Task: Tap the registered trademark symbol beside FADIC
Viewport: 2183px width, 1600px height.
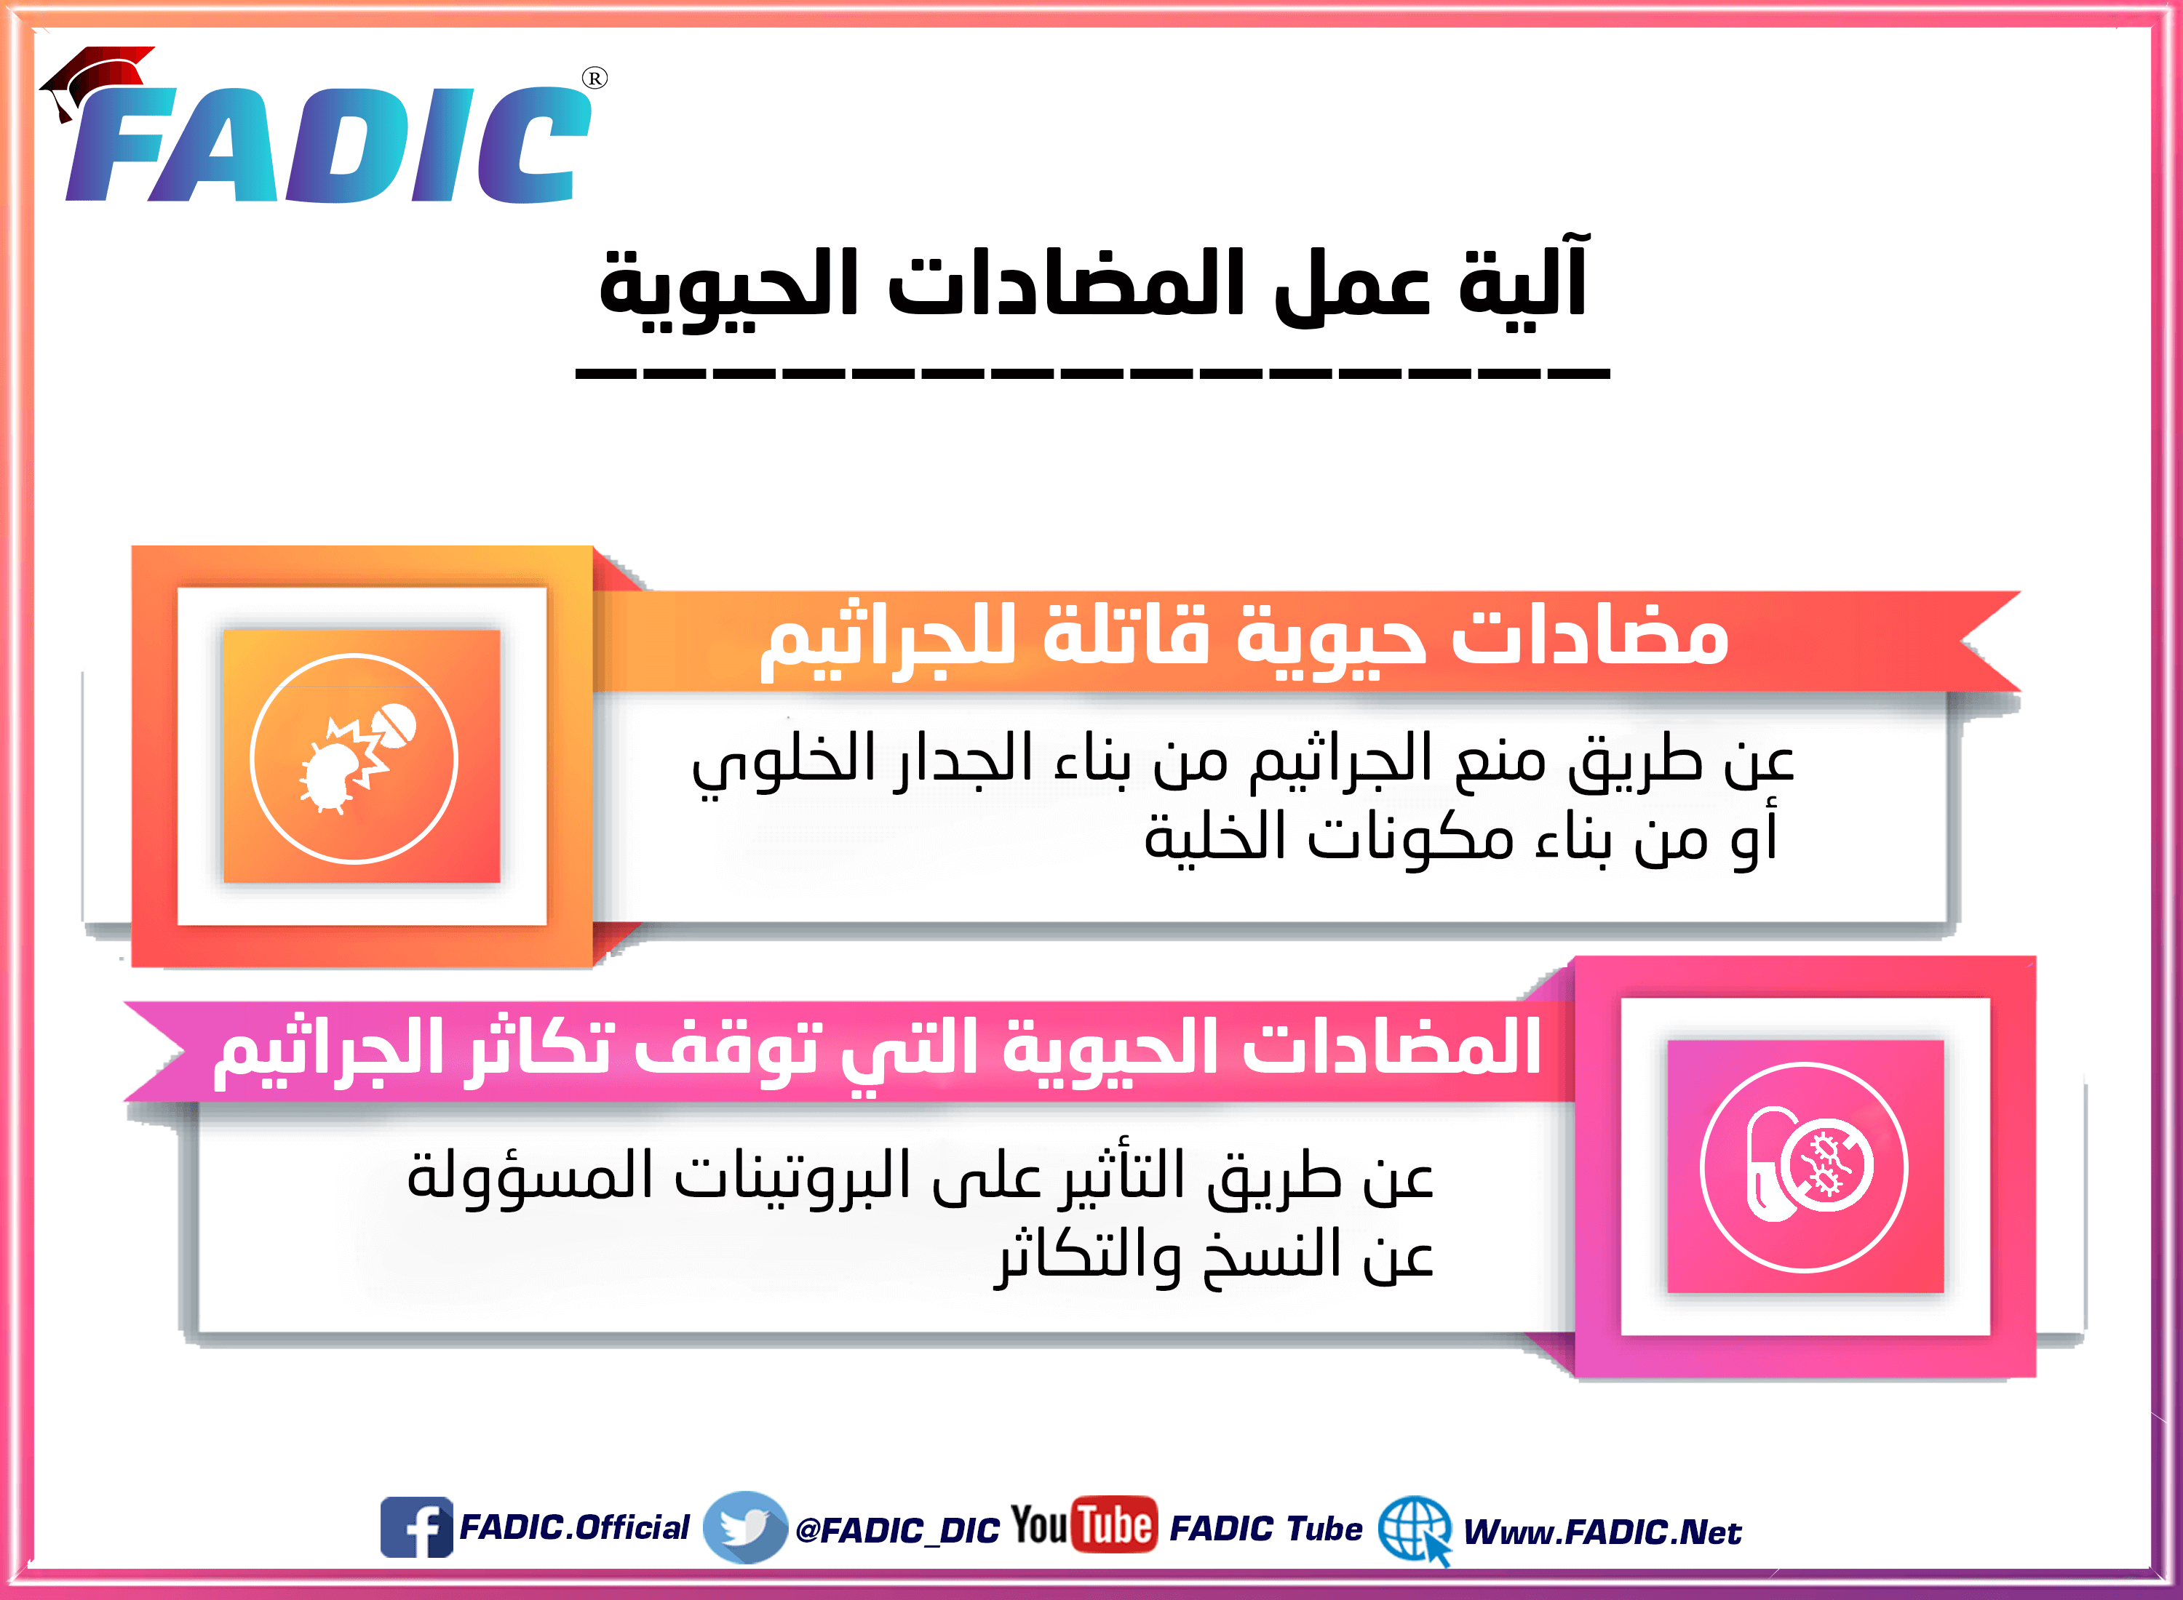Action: coord(595,79)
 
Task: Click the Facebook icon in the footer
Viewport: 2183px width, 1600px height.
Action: coord(415,1527)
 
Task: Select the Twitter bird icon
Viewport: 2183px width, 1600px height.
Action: coord(744,1527)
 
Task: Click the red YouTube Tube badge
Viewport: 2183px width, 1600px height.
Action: coord(1116,1525)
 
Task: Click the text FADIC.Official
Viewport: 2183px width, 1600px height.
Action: coord(573,1527)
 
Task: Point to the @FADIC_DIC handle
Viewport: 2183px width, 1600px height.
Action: coord(897,1530)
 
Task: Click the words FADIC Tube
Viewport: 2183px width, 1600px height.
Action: coord(1265,1528)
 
